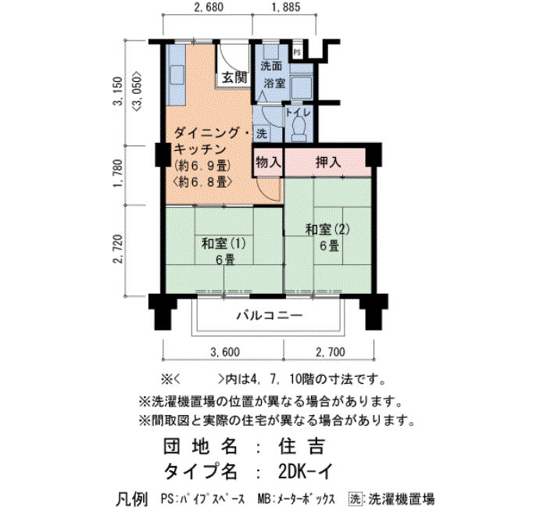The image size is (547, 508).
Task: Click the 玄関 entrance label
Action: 234,77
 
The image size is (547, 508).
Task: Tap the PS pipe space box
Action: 297,52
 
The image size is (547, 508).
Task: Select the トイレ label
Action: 299,113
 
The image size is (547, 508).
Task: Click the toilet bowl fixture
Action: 299,129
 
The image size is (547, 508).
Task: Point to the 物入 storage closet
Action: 268,163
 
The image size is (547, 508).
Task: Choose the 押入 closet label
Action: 328,163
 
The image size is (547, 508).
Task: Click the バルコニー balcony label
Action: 270,316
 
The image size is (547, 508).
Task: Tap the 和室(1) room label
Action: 223,243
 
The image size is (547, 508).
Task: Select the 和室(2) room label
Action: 327,230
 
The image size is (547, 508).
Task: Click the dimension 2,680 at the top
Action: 209,7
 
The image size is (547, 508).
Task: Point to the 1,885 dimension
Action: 285,7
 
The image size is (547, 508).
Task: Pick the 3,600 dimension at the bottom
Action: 225,352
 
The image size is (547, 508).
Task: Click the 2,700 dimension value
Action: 331,352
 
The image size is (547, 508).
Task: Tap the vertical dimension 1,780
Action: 118,174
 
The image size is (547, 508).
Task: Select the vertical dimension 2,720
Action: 118,250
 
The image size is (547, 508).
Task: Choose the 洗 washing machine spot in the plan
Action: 261,134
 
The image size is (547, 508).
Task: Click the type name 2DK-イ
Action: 306,471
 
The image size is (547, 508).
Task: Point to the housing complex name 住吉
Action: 302,446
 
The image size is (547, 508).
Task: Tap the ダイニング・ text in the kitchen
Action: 212,133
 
